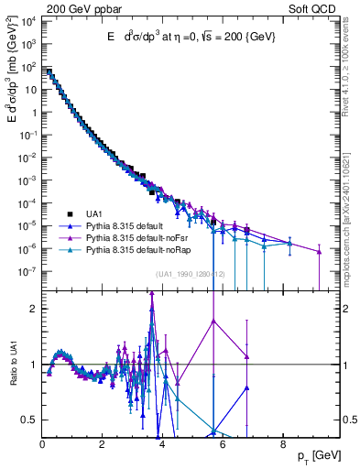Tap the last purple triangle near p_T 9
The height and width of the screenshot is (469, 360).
tap(320, 253)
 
